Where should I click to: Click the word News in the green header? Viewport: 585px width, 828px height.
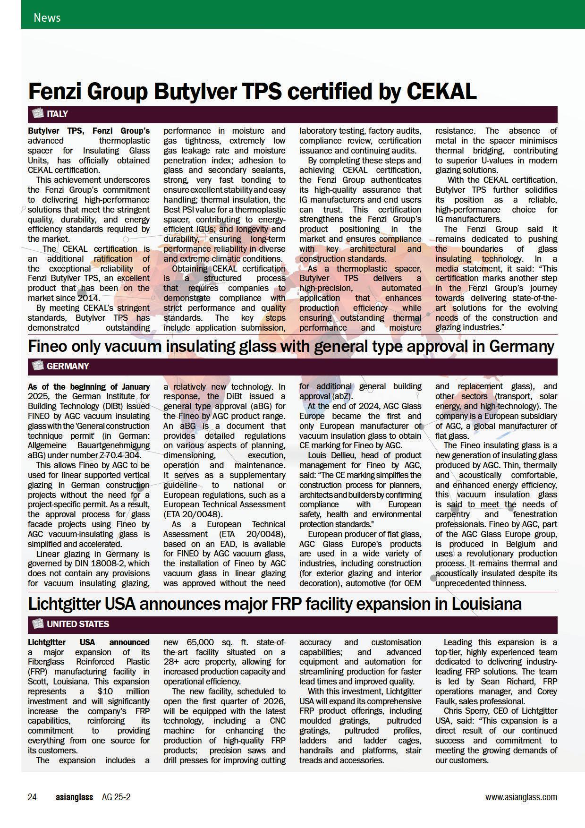[x=47, y=18]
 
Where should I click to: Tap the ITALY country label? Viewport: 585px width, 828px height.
[x=57, y=114]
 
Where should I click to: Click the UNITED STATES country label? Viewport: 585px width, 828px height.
[x=77, y=624]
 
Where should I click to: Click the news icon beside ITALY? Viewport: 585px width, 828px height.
[x=36, y=114]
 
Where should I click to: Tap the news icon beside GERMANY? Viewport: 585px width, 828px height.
[x=36, y=366]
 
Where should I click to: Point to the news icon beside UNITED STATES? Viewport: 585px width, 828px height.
[x=36, y=624]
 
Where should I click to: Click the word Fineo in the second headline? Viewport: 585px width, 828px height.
[x=49, y=346]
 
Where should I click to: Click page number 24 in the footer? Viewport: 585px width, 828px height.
[x=32, y=797]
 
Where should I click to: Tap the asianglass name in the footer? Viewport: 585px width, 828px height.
[x=74, y=797]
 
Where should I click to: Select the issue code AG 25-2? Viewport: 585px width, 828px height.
[x=116, y=797]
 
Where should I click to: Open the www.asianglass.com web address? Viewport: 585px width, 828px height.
[x=521, y=797]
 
